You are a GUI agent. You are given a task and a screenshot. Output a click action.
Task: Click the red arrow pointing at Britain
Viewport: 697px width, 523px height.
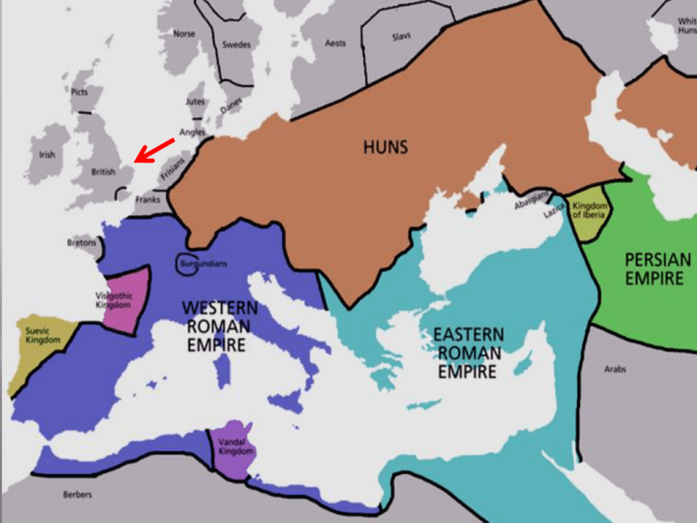tap(153, 150)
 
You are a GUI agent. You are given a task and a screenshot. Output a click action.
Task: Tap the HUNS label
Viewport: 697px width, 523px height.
tap(386, 146)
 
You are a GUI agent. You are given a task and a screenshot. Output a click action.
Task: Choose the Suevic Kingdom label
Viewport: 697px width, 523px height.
tap(43, 336)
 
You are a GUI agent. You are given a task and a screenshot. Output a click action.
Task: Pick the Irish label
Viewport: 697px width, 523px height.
tap(46, 155)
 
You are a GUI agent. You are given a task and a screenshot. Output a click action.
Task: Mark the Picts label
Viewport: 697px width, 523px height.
tap(80, 92)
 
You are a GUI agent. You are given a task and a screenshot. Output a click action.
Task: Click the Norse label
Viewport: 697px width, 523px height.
tap(184, 34)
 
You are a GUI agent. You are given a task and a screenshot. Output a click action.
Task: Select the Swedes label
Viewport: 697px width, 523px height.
tap(236, 44)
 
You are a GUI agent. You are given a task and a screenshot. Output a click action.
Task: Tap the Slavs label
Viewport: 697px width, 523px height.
tap(401, 37)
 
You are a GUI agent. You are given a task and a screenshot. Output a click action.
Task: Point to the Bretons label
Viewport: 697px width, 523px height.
tap(81, 242)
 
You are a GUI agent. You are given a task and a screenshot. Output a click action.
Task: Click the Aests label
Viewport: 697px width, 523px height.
tap(336, 44)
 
